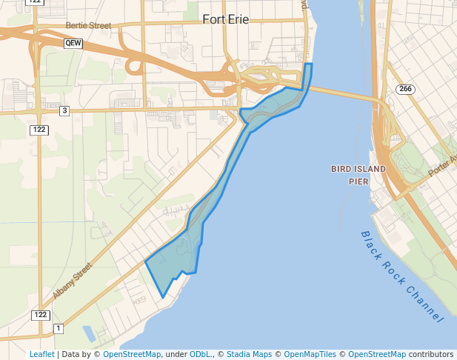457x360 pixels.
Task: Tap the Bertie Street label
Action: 88,25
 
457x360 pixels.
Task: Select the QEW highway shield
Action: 73,44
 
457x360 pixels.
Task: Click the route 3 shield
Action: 64,111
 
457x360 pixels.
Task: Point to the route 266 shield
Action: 404,90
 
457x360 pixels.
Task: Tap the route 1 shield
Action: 59,328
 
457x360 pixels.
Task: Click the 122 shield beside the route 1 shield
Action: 40,315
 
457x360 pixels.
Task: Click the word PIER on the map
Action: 359,181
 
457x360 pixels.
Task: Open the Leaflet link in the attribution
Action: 41,354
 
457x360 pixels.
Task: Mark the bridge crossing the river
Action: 341,93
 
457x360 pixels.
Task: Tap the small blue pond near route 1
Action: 88,333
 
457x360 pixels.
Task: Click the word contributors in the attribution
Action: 430,354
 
